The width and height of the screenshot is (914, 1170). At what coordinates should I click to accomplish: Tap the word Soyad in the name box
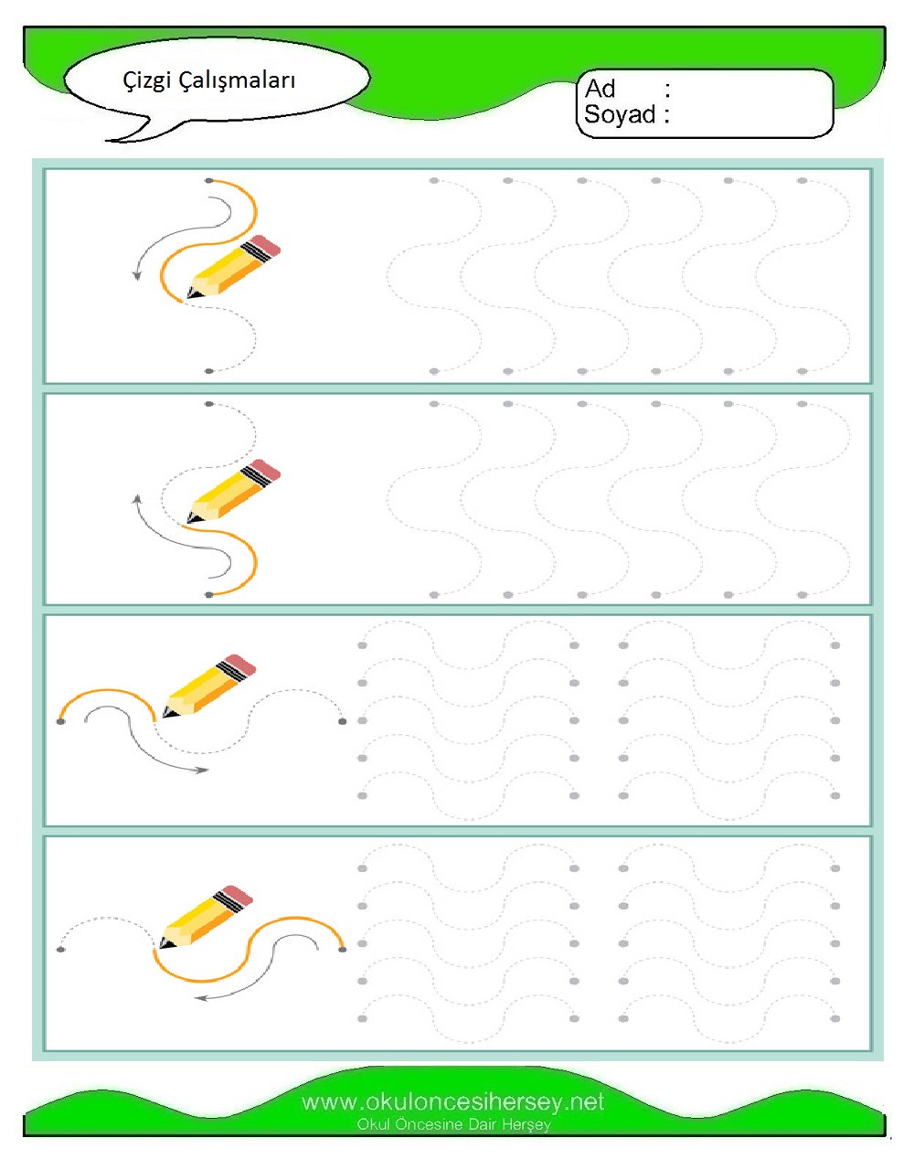click(x=620, y=114)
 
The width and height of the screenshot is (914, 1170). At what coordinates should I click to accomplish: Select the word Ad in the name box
click(x=600, y=89)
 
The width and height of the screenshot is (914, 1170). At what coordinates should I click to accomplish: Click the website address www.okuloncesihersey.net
click(x=452, y=1102)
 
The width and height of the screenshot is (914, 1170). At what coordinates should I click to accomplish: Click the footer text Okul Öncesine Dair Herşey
click(x=453, y=1124)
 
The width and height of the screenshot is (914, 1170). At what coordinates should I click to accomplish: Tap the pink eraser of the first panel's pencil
click(x=266, y=245)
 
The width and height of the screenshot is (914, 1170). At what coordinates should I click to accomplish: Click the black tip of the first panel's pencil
click(x=190, y=294)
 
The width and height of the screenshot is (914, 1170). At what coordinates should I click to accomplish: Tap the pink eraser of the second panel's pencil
click(x=266, y=470)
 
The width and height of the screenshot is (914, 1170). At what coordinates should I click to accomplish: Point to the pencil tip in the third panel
click(x=167, y=714)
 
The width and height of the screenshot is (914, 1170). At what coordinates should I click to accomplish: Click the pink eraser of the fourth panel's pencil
click(x=238, y=895)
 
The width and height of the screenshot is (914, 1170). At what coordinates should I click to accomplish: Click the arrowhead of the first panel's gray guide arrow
click(x=137, y=275)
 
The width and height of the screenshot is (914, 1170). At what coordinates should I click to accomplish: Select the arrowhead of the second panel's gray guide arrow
click(x=137, y=500)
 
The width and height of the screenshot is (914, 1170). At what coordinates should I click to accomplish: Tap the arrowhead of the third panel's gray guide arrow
click(x=202, y=770)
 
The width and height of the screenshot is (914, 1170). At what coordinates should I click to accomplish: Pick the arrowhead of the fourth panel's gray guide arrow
click(x=200, y=998)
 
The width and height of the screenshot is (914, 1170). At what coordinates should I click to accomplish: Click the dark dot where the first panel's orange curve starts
click(x=209, y=181)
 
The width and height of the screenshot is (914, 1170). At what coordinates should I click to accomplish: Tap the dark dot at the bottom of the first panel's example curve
click(x=209, y=371)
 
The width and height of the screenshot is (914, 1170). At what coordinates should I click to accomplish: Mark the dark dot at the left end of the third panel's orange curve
click(x=61, y=721)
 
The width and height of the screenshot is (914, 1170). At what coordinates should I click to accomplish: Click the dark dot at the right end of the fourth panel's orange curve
click(x=343, y=949)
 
